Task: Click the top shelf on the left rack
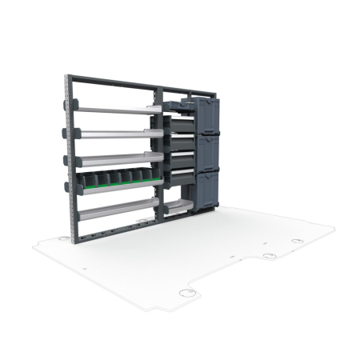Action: point(116,108)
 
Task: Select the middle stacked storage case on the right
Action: point(207,153)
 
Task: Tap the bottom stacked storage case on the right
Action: point(207,189)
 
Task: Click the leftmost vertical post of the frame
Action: point(69,160)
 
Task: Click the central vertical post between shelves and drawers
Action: point(162,152)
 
